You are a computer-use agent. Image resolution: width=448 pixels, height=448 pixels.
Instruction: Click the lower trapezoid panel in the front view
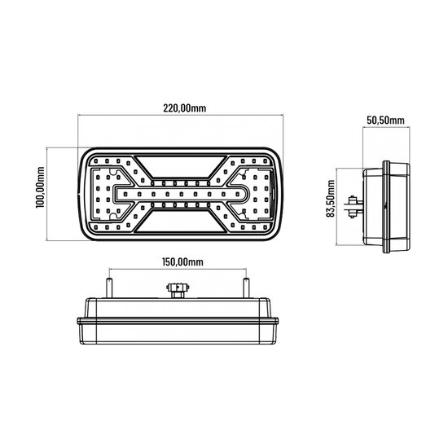(181, 226)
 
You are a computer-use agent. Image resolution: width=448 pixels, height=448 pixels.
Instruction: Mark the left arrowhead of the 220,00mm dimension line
(81, 116)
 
